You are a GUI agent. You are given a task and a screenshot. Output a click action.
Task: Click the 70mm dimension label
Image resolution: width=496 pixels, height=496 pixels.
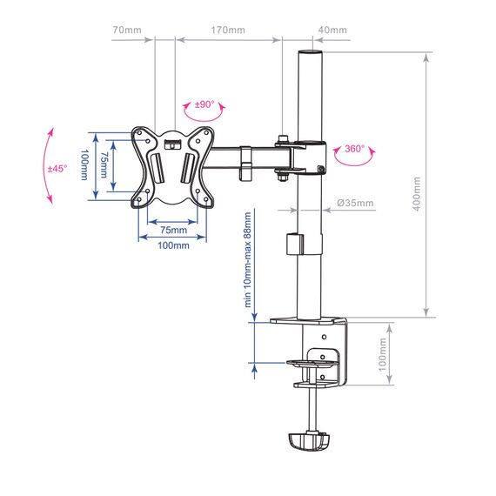[x=127, y=30]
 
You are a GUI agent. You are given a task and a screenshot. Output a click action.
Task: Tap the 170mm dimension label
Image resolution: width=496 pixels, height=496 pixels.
[x=228, y=30]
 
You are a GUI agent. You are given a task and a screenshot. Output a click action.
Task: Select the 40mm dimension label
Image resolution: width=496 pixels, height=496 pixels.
[x=332, y=30]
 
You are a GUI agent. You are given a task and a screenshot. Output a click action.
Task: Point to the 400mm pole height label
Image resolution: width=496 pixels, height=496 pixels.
[x=417, y=194]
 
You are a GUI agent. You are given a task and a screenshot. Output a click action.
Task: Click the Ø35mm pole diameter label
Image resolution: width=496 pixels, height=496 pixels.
[x=355, y=203]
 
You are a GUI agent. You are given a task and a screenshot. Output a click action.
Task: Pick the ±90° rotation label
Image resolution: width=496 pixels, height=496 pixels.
[x=204, y=104]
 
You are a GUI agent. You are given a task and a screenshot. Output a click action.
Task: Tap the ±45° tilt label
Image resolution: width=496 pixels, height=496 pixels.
[x=57, y=169]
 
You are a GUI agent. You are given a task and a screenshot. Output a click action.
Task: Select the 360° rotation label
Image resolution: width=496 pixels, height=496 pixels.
[x=355, y=149]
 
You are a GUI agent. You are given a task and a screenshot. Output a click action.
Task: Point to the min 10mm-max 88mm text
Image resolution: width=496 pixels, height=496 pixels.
[x=247, y=259]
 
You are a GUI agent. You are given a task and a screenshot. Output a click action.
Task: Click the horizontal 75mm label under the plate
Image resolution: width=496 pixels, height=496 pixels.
[x=173, y=230]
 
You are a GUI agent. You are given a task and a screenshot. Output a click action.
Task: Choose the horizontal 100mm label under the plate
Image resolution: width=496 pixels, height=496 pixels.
[x=173, y=245]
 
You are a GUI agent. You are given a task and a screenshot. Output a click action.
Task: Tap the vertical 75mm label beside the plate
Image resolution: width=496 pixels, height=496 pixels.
[x=104, y=164]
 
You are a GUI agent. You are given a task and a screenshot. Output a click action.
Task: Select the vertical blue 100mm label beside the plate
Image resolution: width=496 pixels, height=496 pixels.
[x=84, y=164]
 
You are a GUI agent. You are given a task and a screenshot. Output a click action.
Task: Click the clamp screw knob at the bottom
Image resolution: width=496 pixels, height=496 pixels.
[x=309, y=441]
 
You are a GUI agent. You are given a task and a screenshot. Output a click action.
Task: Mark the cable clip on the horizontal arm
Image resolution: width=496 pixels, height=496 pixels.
[x=245, y=164]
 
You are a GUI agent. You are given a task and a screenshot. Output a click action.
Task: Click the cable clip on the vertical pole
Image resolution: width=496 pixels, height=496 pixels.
[x=295, y=245]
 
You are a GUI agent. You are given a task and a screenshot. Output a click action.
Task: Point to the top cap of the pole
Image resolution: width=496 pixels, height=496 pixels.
[x=310, y=52]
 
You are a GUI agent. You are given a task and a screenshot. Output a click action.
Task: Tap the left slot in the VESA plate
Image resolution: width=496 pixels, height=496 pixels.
[x=158, y=168]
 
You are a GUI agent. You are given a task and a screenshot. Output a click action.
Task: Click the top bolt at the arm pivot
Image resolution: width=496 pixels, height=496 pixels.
[x=283, y=139]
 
